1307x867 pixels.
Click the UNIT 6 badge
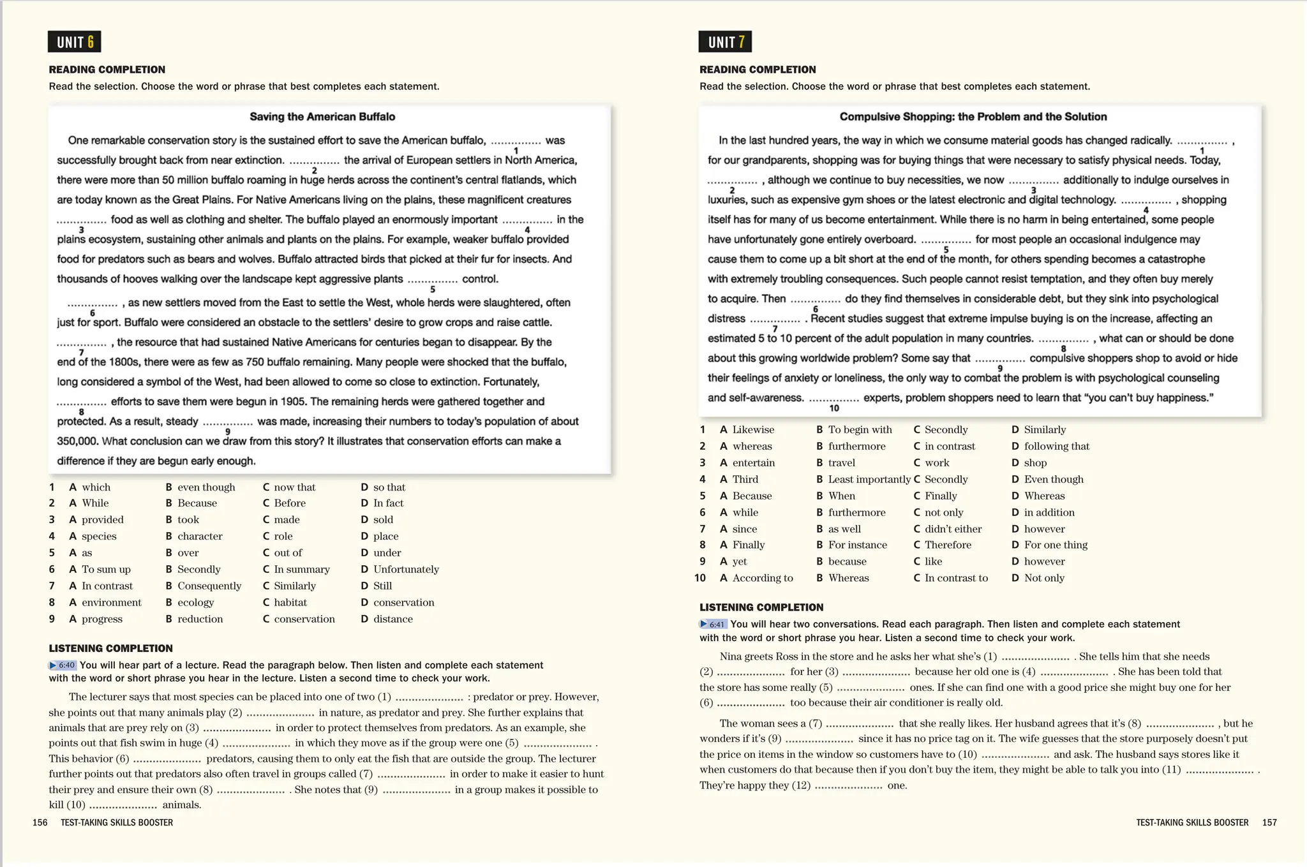pyautogui.click(x=74, y=42)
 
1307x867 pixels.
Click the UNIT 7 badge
pyautogui.click(x=725, y=42)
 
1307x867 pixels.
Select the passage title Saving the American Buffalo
pyautogui.click(x=322, y=117)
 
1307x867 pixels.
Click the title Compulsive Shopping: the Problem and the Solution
pyautogui.click(x=973, y=117)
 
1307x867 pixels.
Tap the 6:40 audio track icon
pyautogui.click(x=63, y=665)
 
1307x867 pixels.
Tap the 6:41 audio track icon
pyautogui.click(x=713, y=624)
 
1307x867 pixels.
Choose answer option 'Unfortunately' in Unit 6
pyautogui.click(x=406, y=569)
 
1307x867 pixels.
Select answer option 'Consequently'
pyautogui.click(x=209, y=586)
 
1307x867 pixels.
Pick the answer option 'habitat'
pyautogui.click(x=290, y=602)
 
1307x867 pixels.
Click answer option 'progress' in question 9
pyautogui.click(x=102, y=619)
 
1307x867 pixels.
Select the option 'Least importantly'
pyautogui.click(x=869, y=479)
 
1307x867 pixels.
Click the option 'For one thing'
pyautogui.click(x=1056, y=545)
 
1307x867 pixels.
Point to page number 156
pyautogui.click(x=40, y=822)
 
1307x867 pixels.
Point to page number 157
pyautogui.click(x=1269, y=822)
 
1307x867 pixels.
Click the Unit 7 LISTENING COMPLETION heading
pyautogui.click(x=761, y=607)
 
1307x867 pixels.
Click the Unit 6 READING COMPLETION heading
pyautogui.click(x=107, y=70)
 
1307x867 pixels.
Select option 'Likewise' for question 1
pyautogui.click(x=753, y=430)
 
